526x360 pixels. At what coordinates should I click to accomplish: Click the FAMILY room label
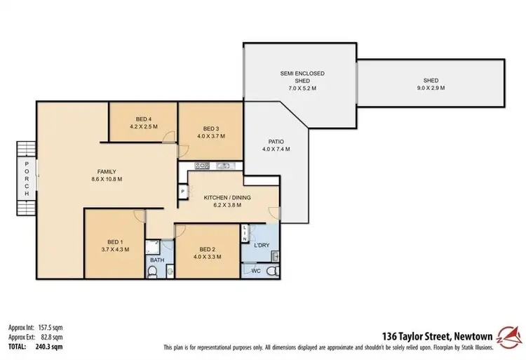click(107, 171)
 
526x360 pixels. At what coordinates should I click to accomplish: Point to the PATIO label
click(276, 140)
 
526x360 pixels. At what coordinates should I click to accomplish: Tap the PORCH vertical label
click(27, 178)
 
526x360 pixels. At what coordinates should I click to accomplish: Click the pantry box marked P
click(182, 191)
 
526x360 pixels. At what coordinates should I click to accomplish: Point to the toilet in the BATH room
click(154, 271)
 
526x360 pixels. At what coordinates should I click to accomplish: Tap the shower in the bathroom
click(152, 246)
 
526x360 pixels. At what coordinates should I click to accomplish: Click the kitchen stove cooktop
click(202, 166)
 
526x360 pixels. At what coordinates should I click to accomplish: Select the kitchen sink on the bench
click(226, 166)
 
